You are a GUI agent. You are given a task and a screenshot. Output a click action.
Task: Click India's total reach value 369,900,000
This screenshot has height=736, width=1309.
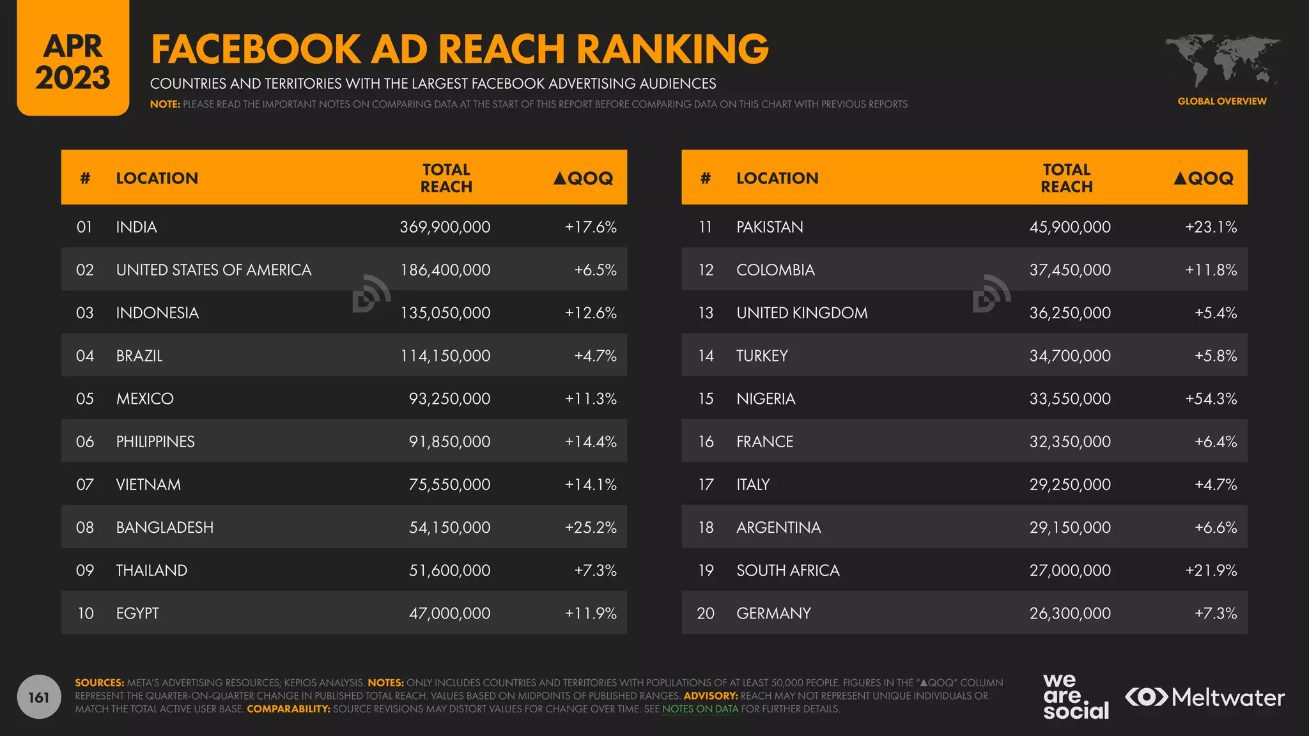(445, 227)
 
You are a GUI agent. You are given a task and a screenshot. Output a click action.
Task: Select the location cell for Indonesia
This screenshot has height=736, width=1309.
(157, 312)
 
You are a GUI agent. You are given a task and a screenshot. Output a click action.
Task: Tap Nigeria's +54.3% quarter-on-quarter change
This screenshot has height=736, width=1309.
(1211, 399)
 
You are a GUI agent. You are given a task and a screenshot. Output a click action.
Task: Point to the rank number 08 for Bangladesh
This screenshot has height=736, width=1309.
(85, 527)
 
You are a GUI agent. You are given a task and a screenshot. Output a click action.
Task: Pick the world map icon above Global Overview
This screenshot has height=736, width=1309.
(1221, 61)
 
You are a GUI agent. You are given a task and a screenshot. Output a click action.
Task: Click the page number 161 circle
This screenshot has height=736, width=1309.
(39, 697)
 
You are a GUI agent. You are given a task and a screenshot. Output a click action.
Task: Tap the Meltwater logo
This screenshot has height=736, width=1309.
(1205, 697)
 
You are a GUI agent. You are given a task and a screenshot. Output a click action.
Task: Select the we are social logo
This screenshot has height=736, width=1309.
(1075, 697)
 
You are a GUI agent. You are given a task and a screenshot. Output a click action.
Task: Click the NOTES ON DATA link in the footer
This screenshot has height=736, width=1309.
(700, 709)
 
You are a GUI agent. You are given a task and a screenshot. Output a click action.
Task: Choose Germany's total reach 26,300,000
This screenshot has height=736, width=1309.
(1069, 613)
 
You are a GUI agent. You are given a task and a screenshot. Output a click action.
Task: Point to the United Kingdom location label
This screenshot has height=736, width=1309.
(802, 312)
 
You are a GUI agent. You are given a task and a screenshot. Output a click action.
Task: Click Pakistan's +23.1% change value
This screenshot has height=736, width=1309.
(1211, 227)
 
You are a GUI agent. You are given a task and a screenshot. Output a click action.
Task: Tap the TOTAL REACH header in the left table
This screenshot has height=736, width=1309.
(446, 178)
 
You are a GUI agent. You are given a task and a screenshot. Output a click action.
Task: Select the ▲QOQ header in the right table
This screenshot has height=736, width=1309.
(1204, 178)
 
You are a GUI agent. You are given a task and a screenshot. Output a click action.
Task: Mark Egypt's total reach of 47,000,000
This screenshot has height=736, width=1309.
(449, 613)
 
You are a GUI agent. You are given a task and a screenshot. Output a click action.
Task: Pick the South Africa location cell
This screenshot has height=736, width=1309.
(787, 571)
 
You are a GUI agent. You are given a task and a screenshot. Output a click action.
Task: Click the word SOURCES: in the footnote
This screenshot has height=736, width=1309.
(99, 683)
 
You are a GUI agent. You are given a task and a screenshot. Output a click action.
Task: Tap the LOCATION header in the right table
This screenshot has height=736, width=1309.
(777, 178)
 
